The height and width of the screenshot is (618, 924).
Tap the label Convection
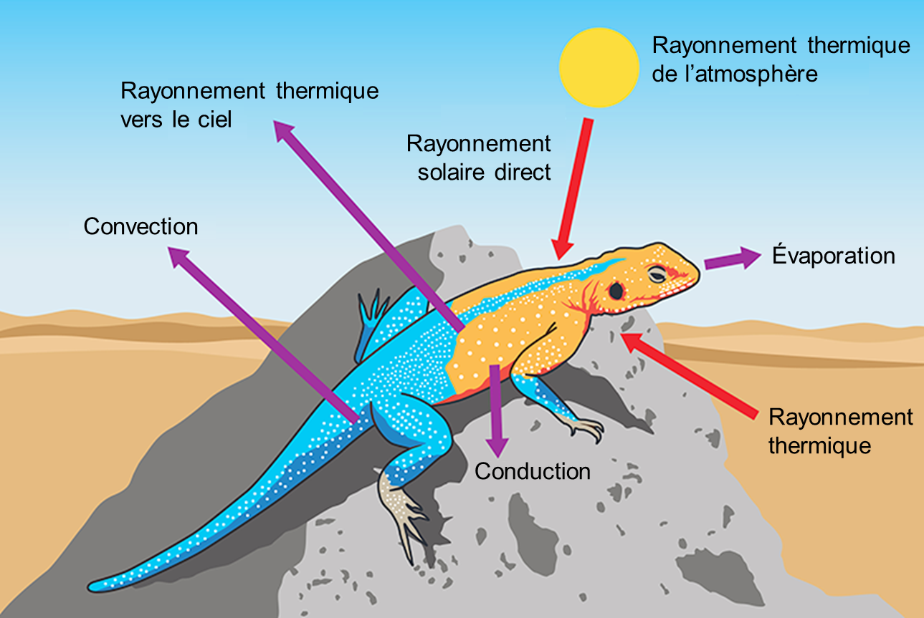[x=140, y=226]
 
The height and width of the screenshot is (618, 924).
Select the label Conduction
[x=533, y=471]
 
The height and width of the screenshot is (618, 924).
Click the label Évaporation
[x=834, y=256]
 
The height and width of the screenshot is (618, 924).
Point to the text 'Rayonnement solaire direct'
[x=479, y=158]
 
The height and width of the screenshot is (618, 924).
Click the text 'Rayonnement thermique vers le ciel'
[x=249, y=105]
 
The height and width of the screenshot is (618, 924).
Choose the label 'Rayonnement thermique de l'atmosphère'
[x=781, y=59]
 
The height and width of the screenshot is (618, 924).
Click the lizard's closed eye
[x=657, y=274]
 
